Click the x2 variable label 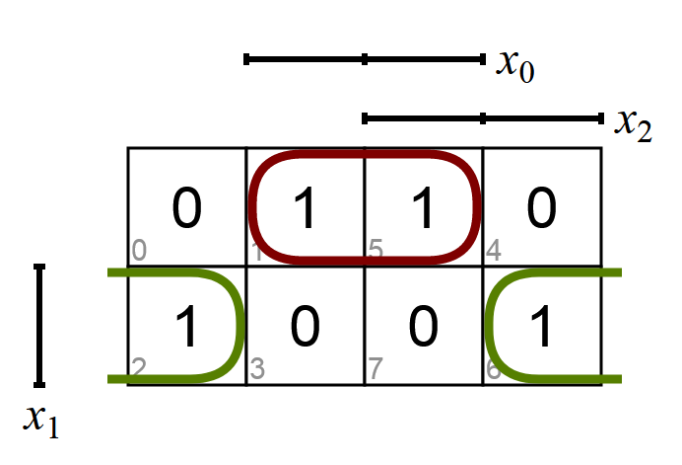point(634,124)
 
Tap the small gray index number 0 point(139,252)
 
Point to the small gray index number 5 point(375,252)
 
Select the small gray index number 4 point(494,252)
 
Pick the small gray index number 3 point(257,370)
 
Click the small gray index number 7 point(375,370)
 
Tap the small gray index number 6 point(494,370)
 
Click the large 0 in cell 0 point(186,208)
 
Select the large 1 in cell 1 point(305,208)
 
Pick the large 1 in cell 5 point(423,208)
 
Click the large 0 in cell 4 point(541,208)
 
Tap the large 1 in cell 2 point(186,327)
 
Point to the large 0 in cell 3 point(305,327)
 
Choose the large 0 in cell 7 point(423,327)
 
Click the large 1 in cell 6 point(541,327)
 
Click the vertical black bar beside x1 point(39,325)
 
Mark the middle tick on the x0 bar point(365,60)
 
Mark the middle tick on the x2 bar point(483,118)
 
